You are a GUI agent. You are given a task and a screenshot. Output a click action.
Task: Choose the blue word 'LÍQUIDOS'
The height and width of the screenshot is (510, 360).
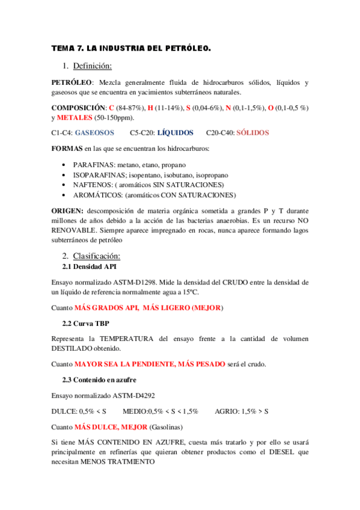pyautogui.click(x=175, y=132)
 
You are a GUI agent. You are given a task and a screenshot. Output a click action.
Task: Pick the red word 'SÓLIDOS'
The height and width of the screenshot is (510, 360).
pyautogui.click(x=252, y=132)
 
